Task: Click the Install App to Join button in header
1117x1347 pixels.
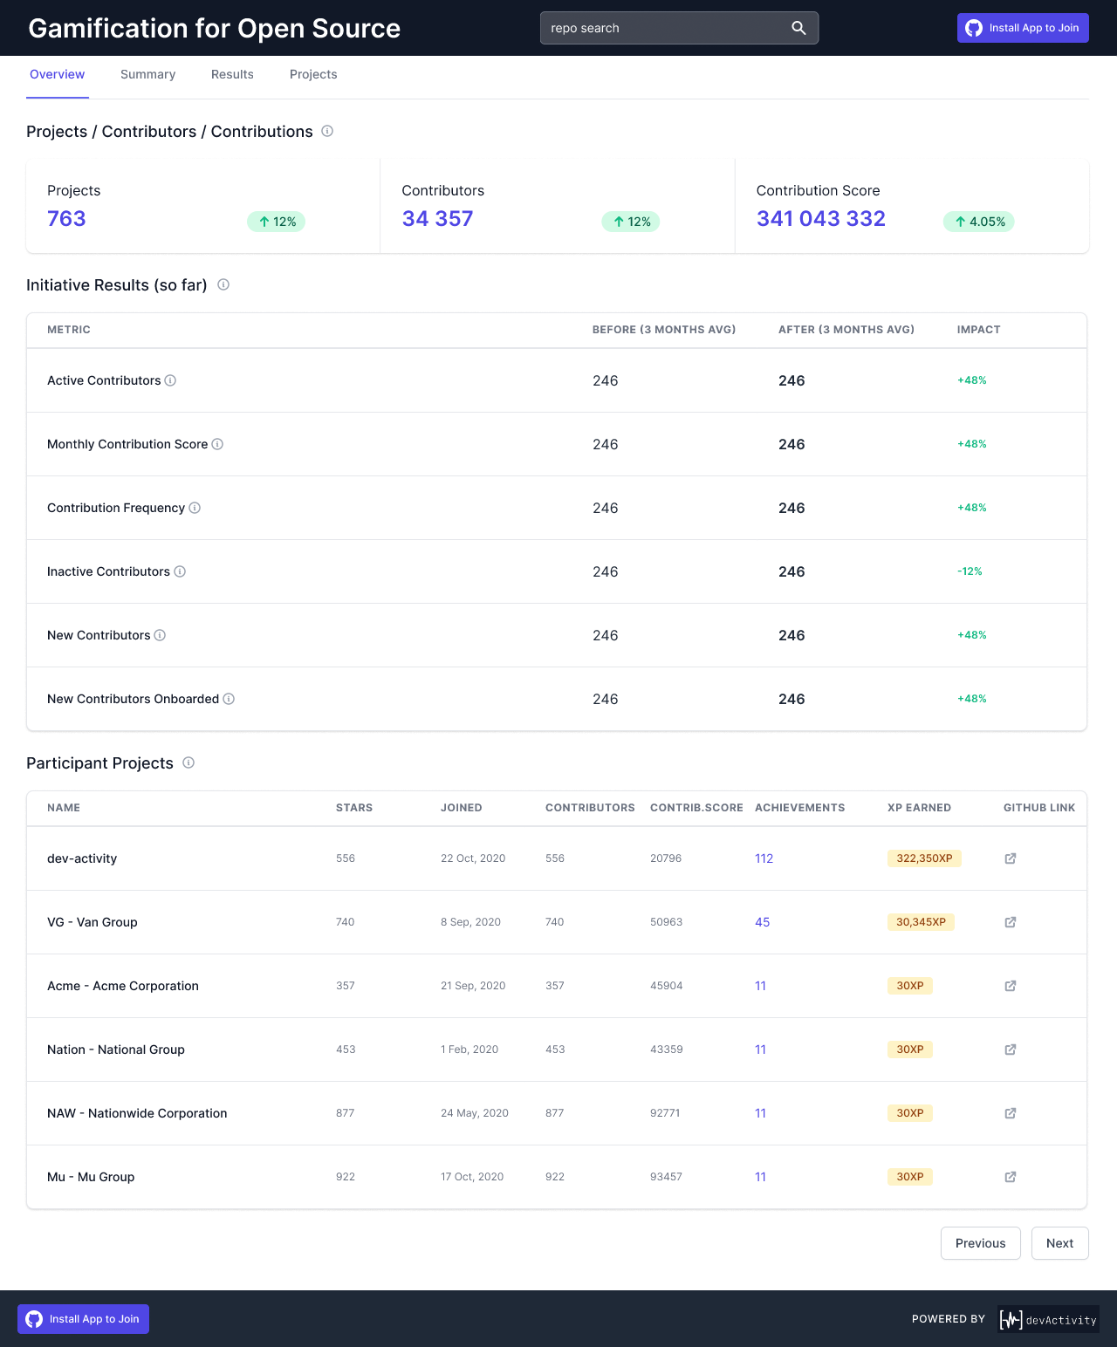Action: coord(1023,28)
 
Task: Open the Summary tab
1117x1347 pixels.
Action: coord(147,75)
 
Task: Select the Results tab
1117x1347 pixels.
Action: coord(232,75)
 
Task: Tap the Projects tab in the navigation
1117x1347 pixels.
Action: coord(313,75)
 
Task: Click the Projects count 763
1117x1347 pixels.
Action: coord(66,219)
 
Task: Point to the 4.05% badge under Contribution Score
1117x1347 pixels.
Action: coord(979,222)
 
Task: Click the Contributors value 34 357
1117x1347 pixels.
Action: coord(437,219)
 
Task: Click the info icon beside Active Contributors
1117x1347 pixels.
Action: coord(171,380)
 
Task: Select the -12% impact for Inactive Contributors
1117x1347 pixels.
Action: coord(970,571)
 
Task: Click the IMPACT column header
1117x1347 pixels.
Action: coord(978,330)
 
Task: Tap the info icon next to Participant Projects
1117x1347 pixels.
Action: coord(188,762)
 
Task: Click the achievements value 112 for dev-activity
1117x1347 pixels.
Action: coord(764,858)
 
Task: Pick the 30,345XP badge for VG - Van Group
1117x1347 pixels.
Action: coord(921,922)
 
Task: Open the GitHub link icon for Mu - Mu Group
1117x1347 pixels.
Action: coord(1011,1177)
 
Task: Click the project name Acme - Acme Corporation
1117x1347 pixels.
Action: coord(123,986)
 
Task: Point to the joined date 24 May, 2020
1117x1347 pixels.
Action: coord(474,1113)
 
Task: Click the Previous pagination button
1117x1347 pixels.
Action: coord(980,1243)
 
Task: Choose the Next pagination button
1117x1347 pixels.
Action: coord(1059,1243)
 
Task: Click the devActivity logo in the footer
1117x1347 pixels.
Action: coord(1048,1319)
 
